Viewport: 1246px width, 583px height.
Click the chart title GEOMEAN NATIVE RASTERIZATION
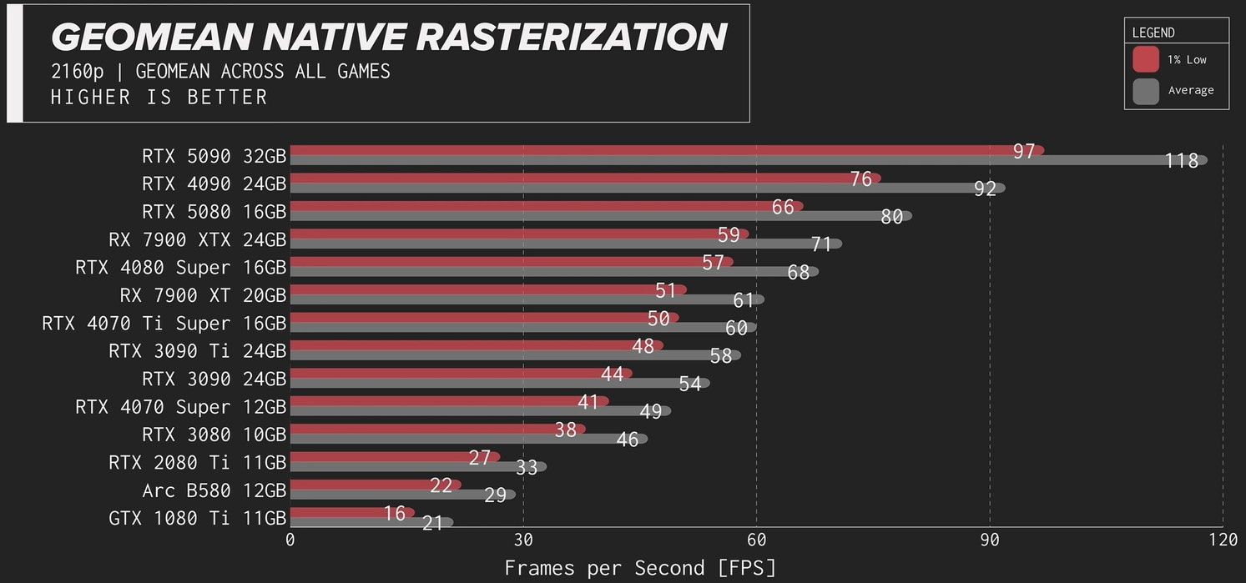[x=389, y=38]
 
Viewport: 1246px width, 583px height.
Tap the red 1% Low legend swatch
[x=1146, y=59]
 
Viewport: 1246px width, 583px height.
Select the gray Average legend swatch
[x=1146, y=90]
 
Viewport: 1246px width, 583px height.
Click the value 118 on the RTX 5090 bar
[x=1182, y=161]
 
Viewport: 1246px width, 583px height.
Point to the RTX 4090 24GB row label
[x=214, y=183]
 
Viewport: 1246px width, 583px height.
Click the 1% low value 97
[x=1024, y=151]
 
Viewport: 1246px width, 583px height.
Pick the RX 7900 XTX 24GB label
[x=197, y=239]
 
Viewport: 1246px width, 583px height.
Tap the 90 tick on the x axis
[x=990, y=539]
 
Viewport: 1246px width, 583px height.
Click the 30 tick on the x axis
[x=523, y=539]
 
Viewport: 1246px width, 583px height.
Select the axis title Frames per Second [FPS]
[x=640, y=568]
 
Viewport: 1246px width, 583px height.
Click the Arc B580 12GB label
[x=214, y=490]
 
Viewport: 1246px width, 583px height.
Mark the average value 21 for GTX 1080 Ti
[x=432, y=523]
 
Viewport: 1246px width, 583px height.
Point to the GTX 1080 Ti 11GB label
[x=197, y=518]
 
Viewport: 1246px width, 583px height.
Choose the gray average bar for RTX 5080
[x=584, y=216]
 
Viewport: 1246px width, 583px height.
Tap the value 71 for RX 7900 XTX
[x=821, y=244]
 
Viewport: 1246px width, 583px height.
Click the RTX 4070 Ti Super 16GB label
[x=164, y=323]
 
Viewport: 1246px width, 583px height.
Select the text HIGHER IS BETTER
[x=159, y=97]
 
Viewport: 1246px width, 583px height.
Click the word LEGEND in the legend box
[x=1153, y=33]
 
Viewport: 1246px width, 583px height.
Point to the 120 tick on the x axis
[x=1223, y=539]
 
